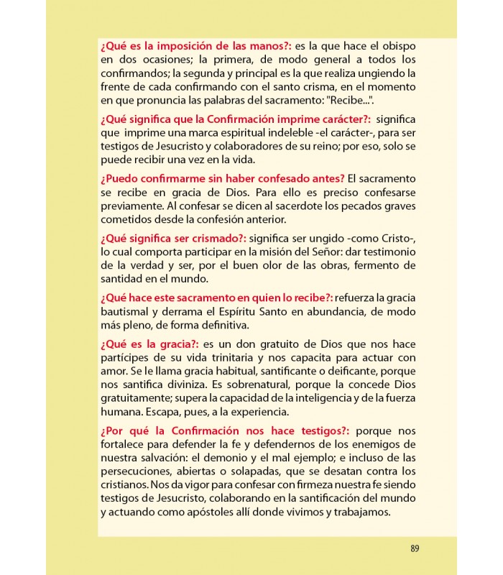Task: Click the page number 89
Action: [415, 548]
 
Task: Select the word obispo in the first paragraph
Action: [396, 45]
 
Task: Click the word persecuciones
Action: [136, 471]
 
